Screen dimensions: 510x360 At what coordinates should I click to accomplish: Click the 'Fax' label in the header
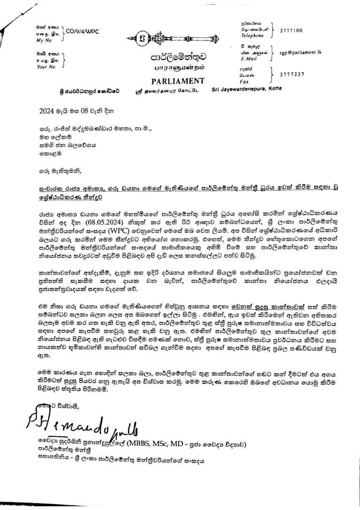click(x=245, y=80)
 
